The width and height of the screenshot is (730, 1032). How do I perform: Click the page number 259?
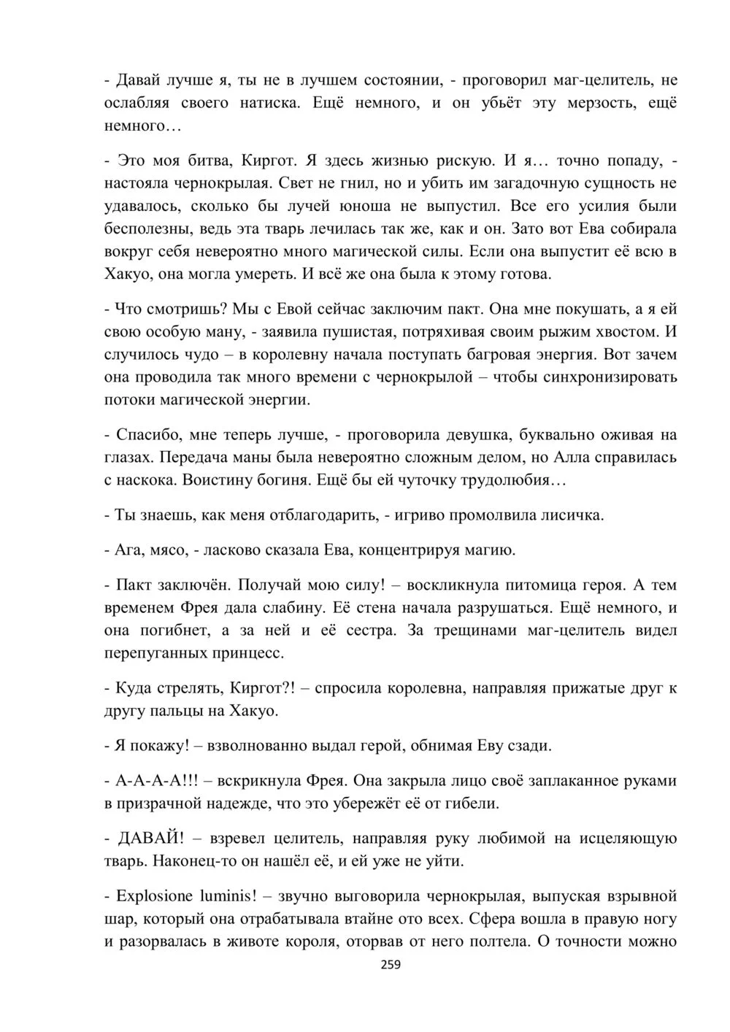click(391, 964)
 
